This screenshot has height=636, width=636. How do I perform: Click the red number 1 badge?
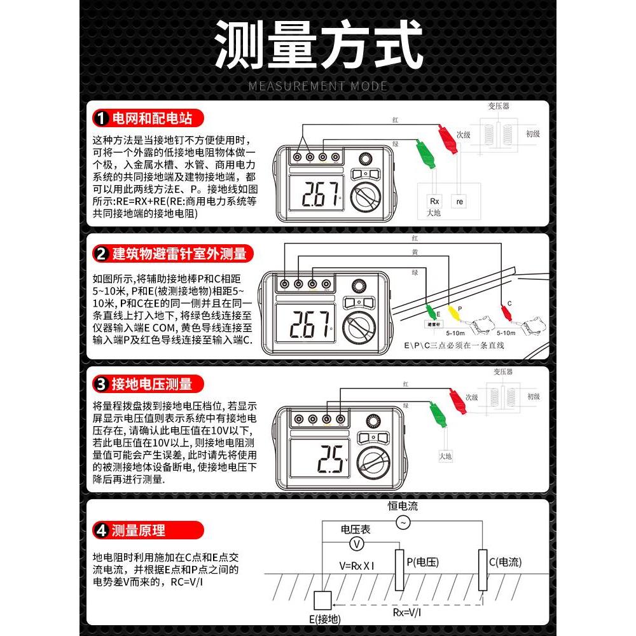100,118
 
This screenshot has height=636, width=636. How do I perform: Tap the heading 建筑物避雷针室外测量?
179,254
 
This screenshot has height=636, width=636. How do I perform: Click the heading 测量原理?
138,530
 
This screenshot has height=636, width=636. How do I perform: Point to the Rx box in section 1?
434,201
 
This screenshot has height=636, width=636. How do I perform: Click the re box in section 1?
459,201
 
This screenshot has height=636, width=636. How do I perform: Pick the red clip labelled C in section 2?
506,311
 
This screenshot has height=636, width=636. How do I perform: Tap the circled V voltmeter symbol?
357,544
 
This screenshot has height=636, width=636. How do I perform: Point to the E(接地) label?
324,619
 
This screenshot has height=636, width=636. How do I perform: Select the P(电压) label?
422,562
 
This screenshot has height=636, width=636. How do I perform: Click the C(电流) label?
505,562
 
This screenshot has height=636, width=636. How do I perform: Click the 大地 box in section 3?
445,455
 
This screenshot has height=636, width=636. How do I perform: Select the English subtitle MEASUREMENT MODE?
317,86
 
